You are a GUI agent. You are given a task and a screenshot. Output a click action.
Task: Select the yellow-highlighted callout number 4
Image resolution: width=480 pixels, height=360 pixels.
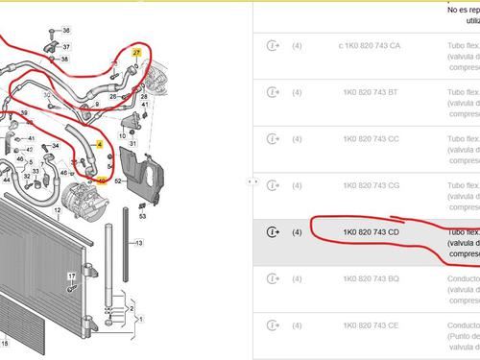pyautogui.click(x=99, y=144)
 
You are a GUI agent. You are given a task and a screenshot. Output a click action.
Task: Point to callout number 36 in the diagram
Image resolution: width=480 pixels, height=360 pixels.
pyautogui.click(x=66, y=32)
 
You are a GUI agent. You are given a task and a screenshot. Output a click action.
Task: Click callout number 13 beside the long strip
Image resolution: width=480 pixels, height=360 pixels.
pyautogui.click(x=138, y=243)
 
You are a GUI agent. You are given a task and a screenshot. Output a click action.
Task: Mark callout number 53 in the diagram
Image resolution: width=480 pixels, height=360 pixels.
pyautogui.click(x=142, y=217)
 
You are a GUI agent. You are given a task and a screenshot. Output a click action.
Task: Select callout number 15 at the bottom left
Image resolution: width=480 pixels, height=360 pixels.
pyautogui.click(x=4, y=343)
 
